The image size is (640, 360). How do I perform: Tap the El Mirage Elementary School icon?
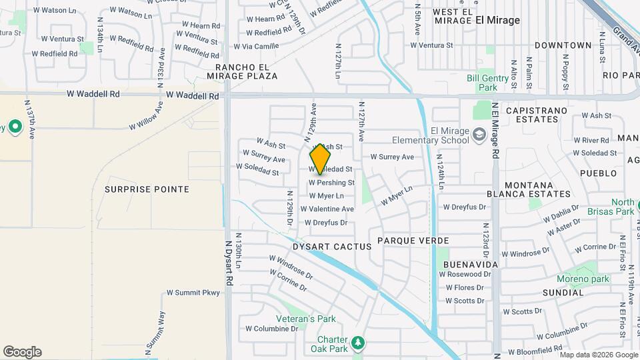point(479,136)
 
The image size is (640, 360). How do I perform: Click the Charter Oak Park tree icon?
point(359,343)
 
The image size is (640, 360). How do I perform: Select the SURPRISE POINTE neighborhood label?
point(147,189)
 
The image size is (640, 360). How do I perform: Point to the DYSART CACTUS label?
point(337,247)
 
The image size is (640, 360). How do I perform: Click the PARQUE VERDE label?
point(413,240)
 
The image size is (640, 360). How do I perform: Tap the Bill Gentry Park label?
point(492,83)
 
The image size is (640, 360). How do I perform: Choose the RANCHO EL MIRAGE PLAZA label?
point(246,71)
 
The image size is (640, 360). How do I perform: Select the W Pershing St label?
point(331,183)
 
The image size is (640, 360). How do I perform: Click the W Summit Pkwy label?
point(193,293)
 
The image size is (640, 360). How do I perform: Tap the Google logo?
point(22,352)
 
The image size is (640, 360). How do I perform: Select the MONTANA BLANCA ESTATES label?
point(538,189)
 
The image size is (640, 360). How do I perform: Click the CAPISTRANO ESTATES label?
point(541,115)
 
